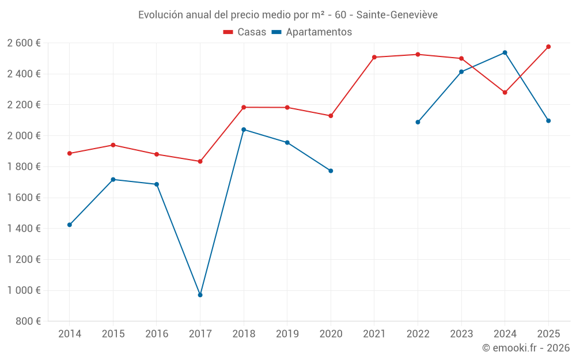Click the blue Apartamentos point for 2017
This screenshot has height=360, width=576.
(200, 295)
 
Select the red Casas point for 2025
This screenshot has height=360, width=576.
(548, 47)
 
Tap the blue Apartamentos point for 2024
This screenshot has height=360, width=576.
(505, 52)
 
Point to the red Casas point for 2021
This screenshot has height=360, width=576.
(374, 57)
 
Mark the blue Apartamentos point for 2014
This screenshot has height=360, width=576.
(70, 225)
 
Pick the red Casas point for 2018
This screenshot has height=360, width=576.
(244, 107)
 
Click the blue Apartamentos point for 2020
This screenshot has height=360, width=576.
(331, 170)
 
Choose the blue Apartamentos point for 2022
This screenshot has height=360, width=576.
(418, 122)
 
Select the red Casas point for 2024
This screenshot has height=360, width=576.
(505, 92)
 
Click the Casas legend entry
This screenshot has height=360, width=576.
(245, 32)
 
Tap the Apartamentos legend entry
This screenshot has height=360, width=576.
(312, 32)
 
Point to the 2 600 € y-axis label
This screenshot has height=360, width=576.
(24, 43)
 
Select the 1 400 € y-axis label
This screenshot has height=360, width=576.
(24, 229)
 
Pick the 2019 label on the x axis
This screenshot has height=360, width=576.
(287, 334)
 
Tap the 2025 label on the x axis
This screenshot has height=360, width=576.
(548, 334)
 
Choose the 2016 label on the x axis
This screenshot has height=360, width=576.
(157, 334)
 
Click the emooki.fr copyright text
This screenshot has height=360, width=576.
(526, 348)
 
